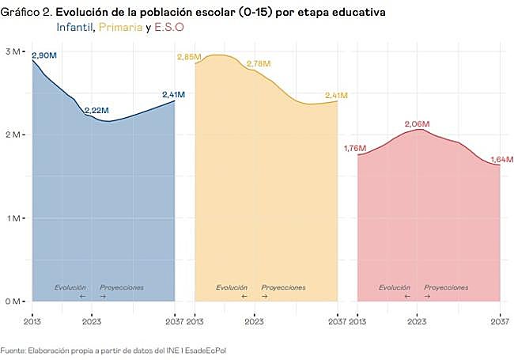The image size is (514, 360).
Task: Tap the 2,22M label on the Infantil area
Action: tap(96, 110)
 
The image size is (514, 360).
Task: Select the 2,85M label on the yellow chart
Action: tap(189, 58)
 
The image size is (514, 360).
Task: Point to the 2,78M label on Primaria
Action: tap(259, 63)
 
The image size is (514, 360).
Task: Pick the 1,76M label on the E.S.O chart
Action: tap(356, 148)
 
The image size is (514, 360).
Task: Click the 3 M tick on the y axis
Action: tap(14, 51)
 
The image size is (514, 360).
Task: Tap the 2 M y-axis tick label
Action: tap(14, 135)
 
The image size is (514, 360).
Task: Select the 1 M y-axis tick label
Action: tap(14, 218)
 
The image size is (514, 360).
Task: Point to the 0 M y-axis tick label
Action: tap(14, 301)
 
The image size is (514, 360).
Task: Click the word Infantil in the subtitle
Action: tap(75, 27)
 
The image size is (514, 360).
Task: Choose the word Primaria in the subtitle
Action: tap(120, 27)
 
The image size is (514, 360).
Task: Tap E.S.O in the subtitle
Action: tap(168, 27)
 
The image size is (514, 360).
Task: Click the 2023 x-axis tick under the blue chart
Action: tap(92, 322)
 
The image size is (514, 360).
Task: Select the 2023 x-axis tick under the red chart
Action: tap(418, 322)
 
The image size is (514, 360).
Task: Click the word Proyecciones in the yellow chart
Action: tap(283, 287)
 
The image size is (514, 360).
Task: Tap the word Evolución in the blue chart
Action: tap(70, 287)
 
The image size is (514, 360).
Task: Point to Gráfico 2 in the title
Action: tap(25, 13)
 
